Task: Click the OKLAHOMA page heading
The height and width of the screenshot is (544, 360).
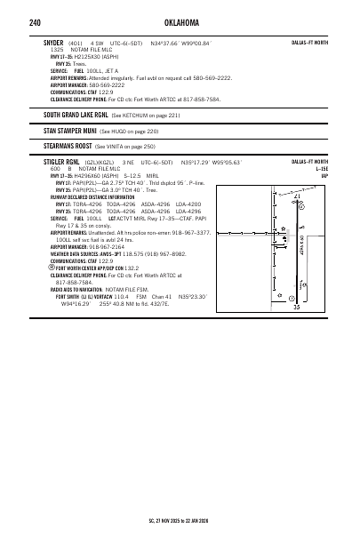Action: point(180,20)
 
